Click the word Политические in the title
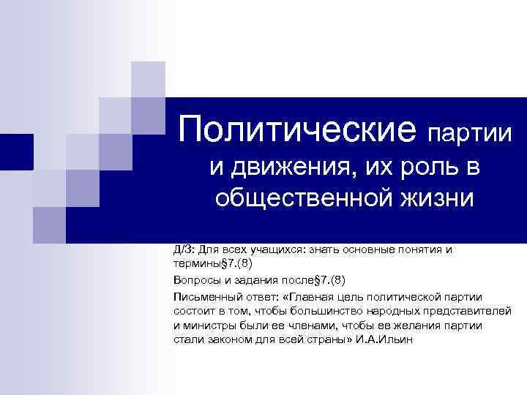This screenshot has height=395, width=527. [x=297, y=131]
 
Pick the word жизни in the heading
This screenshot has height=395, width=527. [x=440, y=198]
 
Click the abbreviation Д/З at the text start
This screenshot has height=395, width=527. [x=183, y=249]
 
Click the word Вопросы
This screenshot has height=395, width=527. [x=195, y=280]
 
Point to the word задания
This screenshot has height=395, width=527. [x=255, y=280]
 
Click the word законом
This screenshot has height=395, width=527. [x=226, y=340]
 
